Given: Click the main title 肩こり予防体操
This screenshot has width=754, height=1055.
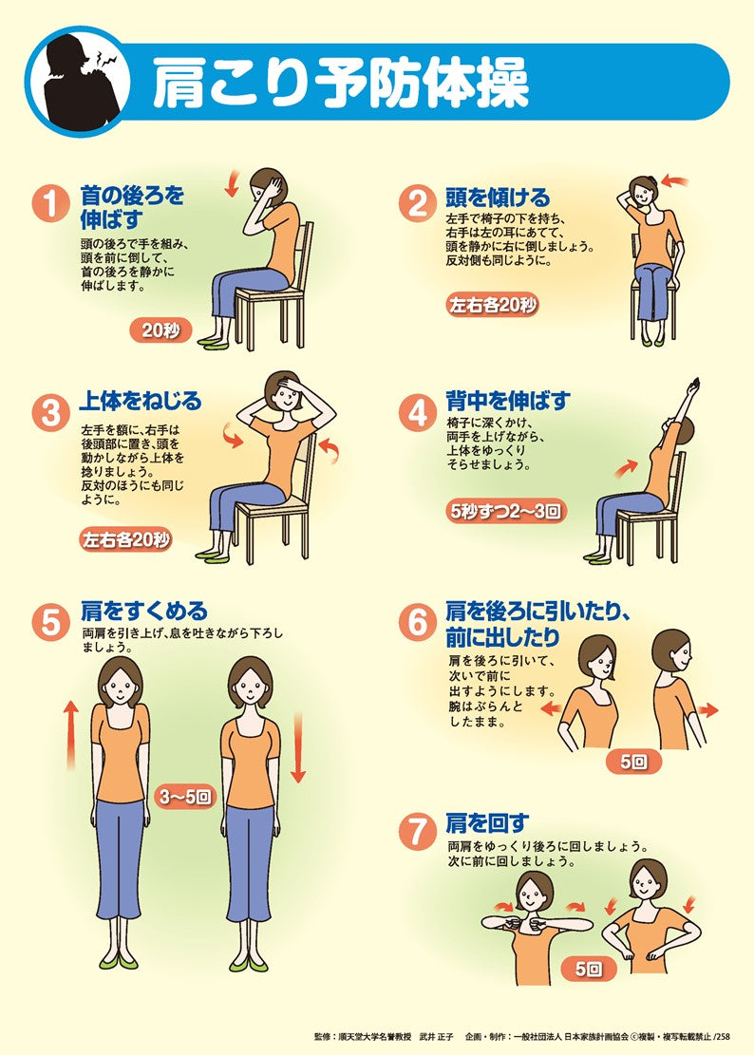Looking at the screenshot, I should click(340, 85).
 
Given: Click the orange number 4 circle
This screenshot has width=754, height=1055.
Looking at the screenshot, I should click(418, 412).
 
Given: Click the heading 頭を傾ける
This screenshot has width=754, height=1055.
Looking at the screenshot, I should click(498, 198).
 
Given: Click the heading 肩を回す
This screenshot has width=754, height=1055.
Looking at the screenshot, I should click(487, 822).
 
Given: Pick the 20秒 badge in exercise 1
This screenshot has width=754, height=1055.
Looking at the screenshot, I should click(160, 330).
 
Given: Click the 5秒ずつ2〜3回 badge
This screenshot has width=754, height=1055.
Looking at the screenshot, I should click(506, 511).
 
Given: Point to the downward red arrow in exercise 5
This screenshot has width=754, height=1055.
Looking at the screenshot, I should click(298, 749).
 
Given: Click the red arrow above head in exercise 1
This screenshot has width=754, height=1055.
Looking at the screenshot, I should click(233, 180).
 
